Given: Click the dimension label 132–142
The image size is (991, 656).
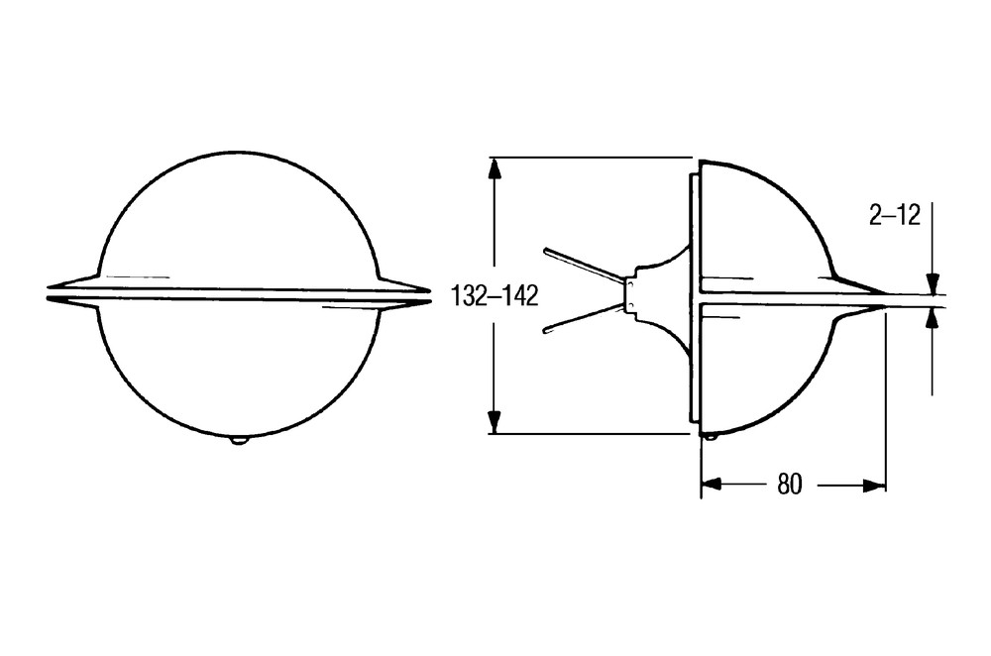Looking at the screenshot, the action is click(x=495, y=295).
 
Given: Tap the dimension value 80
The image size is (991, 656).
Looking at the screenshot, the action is click(x=789, y=485).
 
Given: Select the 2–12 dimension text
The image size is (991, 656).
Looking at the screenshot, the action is click(x=894, y=216).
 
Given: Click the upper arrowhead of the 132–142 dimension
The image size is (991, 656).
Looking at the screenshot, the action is click(x=495, y=169).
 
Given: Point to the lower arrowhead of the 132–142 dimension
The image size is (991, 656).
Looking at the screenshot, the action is click(x=495, y=421).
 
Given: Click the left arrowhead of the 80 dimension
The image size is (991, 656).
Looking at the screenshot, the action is click(x=712, y=485).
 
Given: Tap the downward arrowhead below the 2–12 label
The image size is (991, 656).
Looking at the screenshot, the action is click(x=933, y=283).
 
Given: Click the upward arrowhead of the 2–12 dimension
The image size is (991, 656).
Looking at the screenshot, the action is click(x=933, y=320).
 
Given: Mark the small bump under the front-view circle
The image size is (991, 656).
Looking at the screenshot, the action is click(x=238, y=441).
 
